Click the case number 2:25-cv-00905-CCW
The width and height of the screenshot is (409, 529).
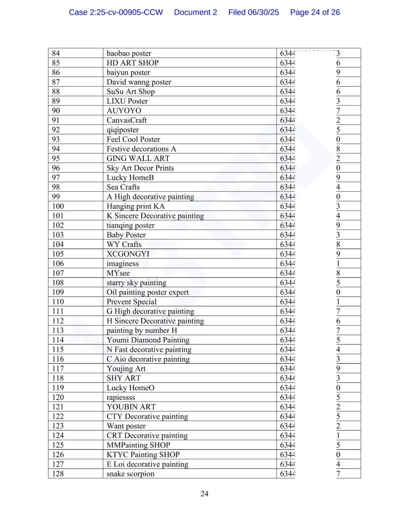116,12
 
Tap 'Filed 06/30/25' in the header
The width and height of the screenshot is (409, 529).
253,12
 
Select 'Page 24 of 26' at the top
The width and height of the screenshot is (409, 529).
315,12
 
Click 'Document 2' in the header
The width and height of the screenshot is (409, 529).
195,12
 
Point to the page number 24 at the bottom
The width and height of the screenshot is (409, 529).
204,493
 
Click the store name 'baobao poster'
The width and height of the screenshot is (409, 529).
129,53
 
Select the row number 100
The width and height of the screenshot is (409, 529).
58,206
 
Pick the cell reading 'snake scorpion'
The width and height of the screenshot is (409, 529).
130,474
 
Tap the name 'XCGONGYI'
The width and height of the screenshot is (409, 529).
128,254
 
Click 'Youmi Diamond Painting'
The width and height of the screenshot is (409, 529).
148,340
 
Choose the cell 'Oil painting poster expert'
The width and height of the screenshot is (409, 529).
147,292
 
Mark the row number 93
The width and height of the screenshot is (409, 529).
56,139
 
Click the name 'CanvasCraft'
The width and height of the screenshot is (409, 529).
126,120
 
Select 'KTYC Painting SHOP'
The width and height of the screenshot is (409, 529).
143,454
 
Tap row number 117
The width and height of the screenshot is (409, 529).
58,368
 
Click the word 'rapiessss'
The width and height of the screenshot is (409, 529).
120,397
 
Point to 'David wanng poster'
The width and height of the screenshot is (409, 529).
139,82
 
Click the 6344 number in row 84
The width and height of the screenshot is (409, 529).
287,53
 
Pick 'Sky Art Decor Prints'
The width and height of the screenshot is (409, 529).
140,168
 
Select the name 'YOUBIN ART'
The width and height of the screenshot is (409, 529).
131,407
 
